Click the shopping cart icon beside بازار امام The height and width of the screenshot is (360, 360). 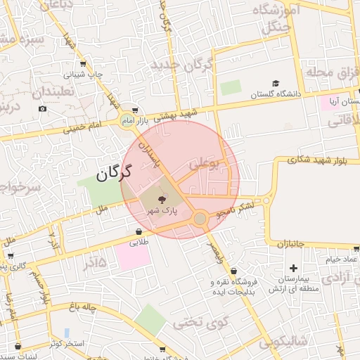[x=134, y=110]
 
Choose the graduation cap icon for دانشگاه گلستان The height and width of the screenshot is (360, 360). [x=275, y=83]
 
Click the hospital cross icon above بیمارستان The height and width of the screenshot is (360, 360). [x=293, y=267]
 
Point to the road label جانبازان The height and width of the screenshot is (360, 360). [x=290, y=244]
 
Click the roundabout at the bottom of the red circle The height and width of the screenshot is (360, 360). [x=200, y=219]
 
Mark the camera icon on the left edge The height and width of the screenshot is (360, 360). [x=43, y=108]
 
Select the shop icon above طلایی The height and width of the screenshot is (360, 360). [x=139, y=231]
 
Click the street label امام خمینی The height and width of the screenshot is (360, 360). [x=84, y=127]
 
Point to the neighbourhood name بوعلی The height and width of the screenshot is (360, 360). [x=205, y=165]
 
